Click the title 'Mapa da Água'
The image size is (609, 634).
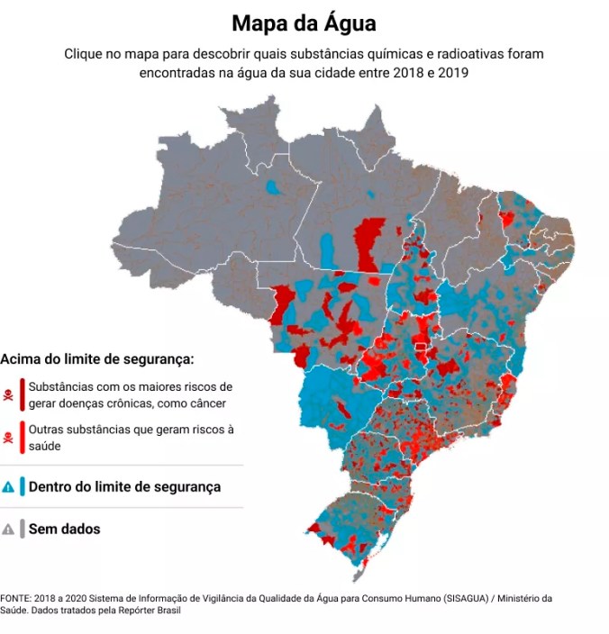click(x=304, y=22)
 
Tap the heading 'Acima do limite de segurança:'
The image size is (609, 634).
click(x=97, y=358)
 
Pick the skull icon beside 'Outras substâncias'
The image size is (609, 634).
click(x=8, y=438)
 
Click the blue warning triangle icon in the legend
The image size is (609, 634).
click(x=8, y=486)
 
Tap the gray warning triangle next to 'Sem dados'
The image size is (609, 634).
click(x=8, y=530)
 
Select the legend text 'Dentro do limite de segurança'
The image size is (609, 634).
click(x=124, y=486)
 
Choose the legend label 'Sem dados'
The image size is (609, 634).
click(x=64, y=530)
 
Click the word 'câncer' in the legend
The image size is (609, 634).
click(x=206, y=403)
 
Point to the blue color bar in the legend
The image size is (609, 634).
click(x=22, y=486)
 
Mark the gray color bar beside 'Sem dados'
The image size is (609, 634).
click(x=22, y=530)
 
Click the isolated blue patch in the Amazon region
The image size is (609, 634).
click(x=274, y=190)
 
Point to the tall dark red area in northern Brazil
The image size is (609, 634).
click(x=368, y=244)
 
